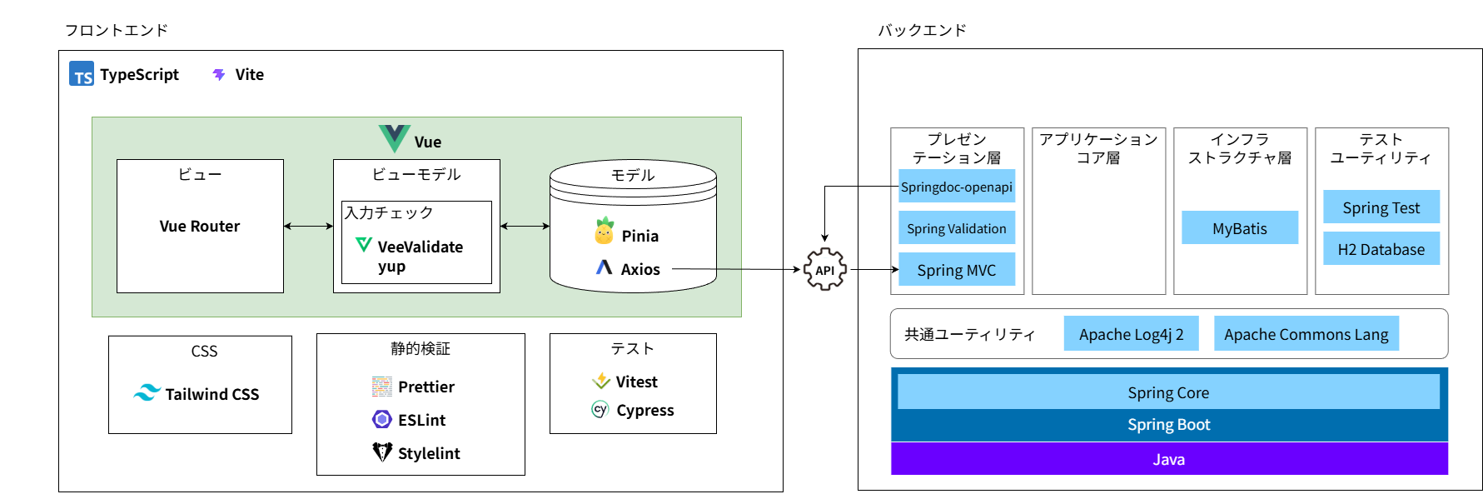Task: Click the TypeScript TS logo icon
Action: pyautogui.click(x=82, y=74)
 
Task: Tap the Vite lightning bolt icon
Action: pyautogui.click(x=219, y=75)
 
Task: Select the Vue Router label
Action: pyautogui.click(x=200, y=226)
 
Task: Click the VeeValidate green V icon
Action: pyautogui.click(x=364, y=245)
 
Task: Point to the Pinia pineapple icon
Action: pyautogui.click(x=605, y=232)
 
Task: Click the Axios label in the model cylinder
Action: pyautogui.click(x=639, y=269)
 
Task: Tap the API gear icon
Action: pyautogui.click(x=824, y=269)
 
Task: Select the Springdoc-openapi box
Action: pyautogui.click(x=956, y=187)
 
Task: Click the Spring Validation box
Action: pyautogui.click(x=956, y=228)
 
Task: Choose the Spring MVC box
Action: pyautogui.click(x=956, y=270)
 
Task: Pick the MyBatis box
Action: pyautogui.click(x=1239, y=228)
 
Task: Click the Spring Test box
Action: pyautogui.click(x=1381, y=207)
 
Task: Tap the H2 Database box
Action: pyautogui.click(x=1381, y=249)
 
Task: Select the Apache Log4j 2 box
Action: pyautogui.click(x=1131, y=334)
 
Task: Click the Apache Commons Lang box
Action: pyautogui.click(x=1306, y=334)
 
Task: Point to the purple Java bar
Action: pyautogui.click(x=1168, y=459)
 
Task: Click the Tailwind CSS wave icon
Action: pyautogui.click(x=147, y=393)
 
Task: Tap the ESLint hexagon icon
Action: pyautogui.click(x=382, y=419)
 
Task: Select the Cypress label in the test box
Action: pyautogui.click(x=644, y=410)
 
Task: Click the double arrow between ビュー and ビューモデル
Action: pyautogui.click(x=308, y=226)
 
